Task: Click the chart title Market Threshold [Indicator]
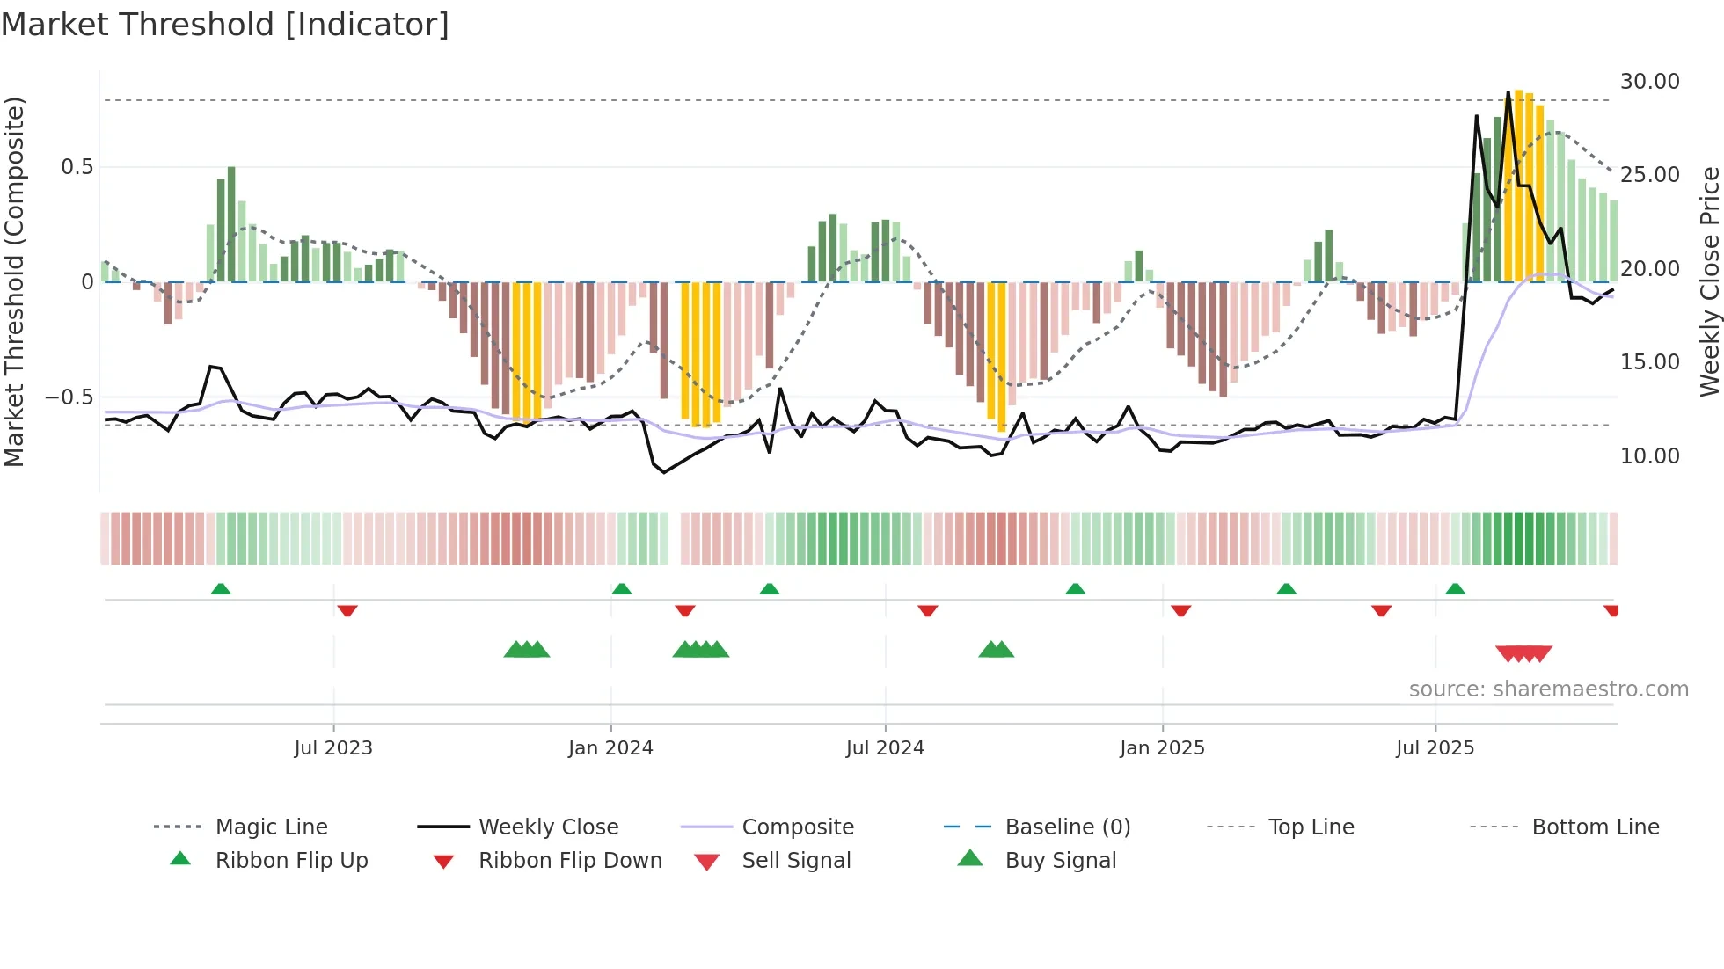225,25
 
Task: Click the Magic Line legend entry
271,827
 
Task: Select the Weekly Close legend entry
548,827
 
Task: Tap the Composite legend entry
797,827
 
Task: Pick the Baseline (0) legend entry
1067,827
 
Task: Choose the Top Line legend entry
1311,827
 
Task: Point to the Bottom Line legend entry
1595,827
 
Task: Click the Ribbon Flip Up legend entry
291,861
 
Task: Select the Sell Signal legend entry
796,861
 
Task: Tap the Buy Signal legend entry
1060,861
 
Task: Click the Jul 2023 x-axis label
333,748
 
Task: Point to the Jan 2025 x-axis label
1162,748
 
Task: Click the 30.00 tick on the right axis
1649,82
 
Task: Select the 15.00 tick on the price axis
1649,362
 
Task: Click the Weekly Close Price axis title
1708,281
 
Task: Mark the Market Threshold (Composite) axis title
14,281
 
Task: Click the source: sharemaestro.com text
1548,689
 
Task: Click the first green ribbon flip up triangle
221,589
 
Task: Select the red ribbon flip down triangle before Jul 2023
347,610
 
